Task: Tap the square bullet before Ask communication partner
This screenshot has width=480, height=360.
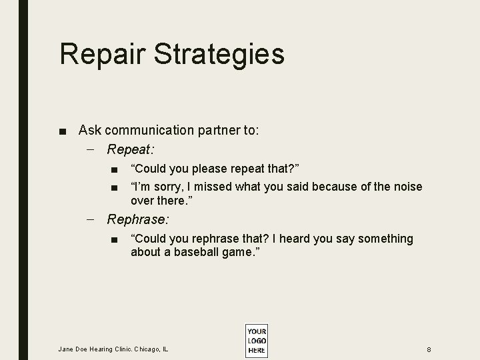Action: [63, 131]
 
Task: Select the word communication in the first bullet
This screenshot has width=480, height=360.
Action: [149, 130]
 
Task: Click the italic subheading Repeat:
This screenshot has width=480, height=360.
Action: [131, 149]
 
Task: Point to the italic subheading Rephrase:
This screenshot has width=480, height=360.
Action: [138, 219]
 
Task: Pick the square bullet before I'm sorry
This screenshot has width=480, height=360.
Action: [115, 187]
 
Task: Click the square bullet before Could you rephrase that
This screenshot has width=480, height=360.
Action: [115, 239]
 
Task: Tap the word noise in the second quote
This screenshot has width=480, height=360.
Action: [407, 187]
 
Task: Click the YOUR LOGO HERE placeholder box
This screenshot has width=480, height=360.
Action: [256, 340]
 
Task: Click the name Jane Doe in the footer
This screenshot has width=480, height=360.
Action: [73, 349]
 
